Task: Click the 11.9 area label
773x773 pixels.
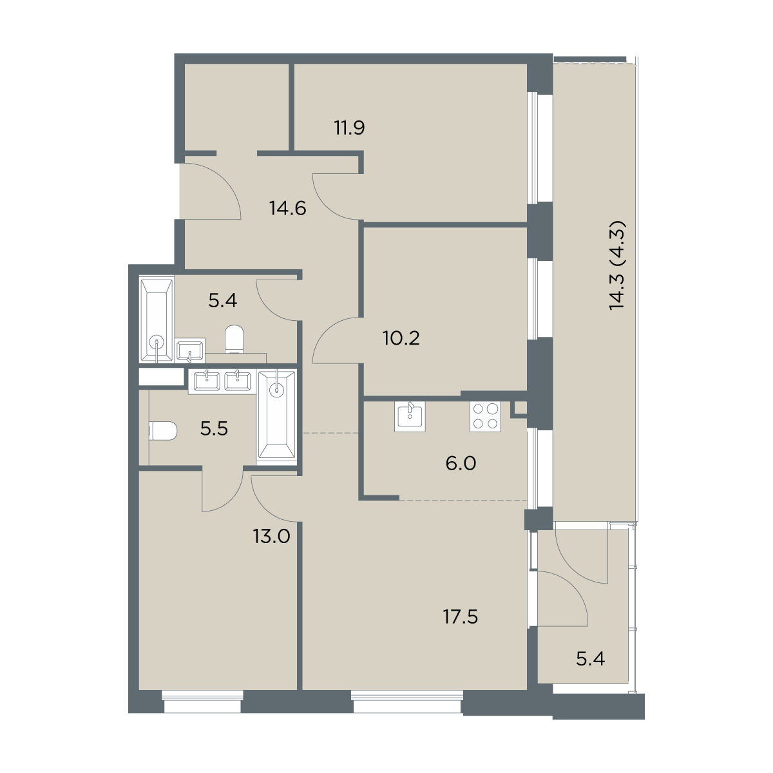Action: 349,128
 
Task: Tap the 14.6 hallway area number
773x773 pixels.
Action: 288,208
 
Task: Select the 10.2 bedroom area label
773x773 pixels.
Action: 401,339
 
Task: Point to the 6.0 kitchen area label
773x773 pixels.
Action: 461,464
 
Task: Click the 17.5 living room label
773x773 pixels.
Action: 461,617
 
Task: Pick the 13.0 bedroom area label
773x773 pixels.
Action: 272,537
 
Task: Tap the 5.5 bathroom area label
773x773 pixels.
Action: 215,429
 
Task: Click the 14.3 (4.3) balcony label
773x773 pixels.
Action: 617,265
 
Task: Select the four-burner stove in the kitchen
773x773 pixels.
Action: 486,416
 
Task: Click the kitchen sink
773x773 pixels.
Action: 410,416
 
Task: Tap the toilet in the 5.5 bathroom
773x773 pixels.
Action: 163,431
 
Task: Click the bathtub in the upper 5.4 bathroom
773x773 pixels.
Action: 157,320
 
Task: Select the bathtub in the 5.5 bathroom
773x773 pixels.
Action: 277,417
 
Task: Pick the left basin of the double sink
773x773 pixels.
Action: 207,381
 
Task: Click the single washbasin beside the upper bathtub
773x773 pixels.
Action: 191,350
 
